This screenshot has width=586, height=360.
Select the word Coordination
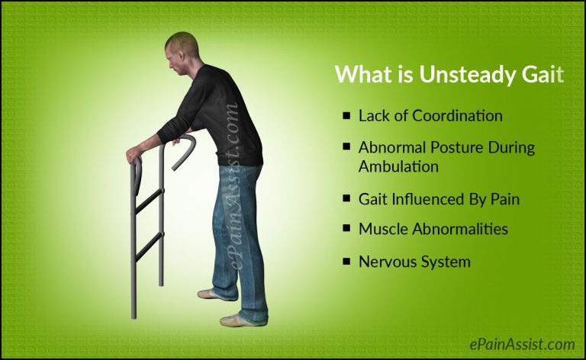coord(458,116)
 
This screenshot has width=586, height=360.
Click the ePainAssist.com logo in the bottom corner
coord(521,344)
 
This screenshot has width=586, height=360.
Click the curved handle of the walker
coord(185,149)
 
